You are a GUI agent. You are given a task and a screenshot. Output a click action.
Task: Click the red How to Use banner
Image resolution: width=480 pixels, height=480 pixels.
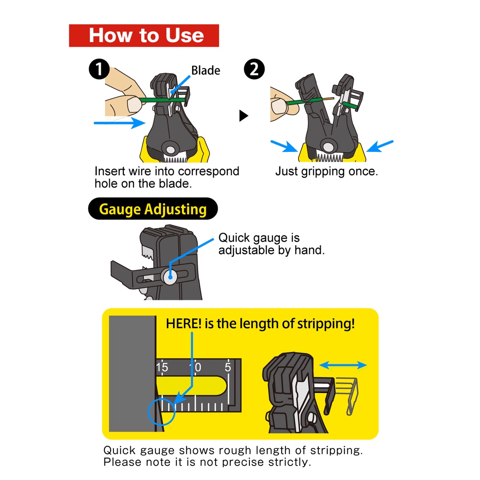tap(144, 36)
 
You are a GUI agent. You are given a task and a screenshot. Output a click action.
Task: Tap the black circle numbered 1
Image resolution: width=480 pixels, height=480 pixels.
tap(99, 69)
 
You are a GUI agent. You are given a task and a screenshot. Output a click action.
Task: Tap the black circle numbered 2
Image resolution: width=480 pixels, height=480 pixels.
tap(255, 69)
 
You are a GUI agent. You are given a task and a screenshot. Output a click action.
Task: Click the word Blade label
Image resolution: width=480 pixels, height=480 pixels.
tap(206, 70)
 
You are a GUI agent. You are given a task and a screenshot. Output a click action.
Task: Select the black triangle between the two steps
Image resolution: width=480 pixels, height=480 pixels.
tap(244, 116)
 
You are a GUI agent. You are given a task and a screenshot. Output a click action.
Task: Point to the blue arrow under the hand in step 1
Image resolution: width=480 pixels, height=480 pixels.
tap(120, 123)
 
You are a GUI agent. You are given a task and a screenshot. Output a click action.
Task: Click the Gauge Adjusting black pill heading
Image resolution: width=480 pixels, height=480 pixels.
tap(153, 209)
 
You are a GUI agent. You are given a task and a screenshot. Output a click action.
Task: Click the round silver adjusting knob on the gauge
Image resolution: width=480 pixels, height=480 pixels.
tap(170, 277)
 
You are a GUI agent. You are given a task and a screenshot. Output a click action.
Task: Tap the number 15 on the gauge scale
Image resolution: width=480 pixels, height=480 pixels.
tap(162, 367)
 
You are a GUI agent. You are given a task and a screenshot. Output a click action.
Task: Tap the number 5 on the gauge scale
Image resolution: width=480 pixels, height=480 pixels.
tap(228, 367)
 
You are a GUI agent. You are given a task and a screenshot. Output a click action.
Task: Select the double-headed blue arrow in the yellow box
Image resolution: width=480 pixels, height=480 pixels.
tap(343, 365)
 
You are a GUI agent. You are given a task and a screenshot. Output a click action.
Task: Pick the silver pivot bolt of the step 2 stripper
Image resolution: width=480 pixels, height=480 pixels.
tap(328, 147)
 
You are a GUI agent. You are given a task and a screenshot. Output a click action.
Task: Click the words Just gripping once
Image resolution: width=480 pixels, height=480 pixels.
tap(327, 172)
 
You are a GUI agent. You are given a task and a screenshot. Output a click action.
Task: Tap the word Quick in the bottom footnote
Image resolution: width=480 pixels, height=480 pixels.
tap(120, 450)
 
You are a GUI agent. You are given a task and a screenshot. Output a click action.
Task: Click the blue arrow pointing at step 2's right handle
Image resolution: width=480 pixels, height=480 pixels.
tap(380, 146)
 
